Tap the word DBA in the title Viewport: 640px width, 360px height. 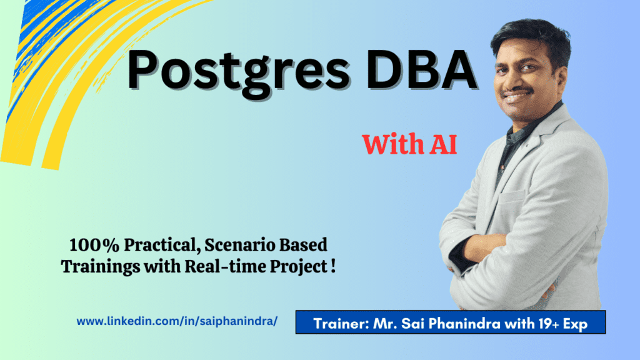coord(422,69)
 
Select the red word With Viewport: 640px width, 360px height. coord(392,144)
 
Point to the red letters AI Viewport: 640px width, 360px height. coord(442,144)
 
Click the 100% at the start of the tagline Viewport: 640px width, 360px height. coord(94,245)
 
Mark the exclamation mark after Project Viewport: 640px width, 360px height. coord(333,266)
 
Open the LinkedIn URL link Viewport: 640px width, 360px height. coord(177,321)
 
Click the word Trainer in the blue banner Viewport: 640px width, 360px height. coord(341,324)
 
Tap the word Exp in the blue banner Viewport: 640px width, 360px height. coord(576,324)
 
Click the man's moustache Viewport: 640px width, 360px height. coord(518,91)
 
